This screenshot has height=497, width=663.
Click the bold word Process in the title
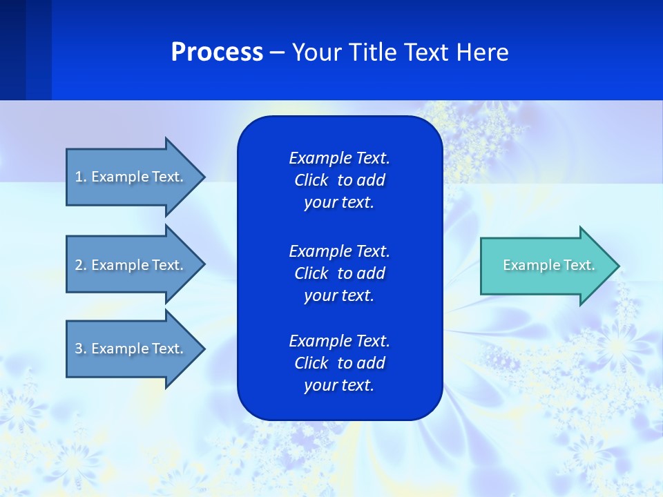pyautogui.click(x=217, y=52)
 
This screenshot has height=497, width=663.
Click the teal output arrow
pyautogui.click(x=546, y=266)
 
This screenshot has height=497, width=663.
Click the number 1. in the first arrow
pyautogui.click(x=81, y=177)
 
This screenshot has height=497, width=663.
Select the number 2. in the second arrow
pyautogui.click(x=81, y=265)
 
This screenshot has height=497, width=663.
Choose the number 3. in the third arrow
pyautogui.click(x=81, y=349)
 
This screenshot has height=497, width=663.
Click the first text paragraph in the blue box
pyautogui.click(x=339, y=180)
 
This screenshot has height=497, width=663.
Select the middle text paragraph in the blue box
pyautogui.click(x=339, y=273)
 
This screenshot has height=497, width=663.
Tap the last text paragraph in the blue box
pyautogui.click(x=339, y=363)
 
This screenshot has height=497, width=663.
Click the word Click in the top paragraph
pyautogui.click(x=311, y=180)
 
